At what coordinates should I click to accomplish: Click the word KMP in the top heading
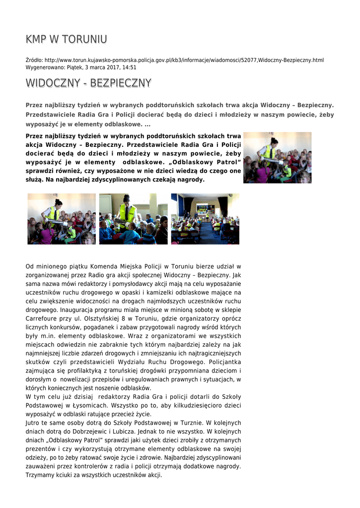pos(36,39)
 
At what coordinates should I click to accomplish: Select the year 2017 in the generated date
pos(111,67)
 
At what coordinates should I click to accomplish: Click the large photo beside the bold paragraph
pos(277,157)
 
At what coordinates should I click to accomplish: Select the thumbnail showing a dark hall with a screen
pos(205,219)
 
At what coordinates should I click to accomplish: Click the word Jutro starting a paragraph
pos(34,423)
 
